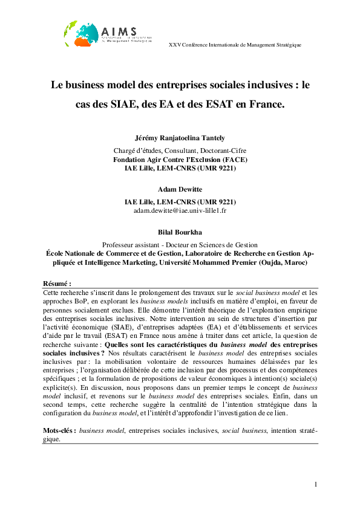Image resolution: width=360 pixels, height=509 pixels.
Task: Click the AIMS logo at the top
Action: [x=100, y=34]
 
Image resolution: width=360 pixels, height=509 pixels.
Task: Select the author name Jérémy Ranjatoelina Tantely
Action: [x=180, y=138]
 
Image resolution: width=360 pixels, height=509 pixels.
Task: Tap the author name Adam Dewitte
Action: [x=180, y=190]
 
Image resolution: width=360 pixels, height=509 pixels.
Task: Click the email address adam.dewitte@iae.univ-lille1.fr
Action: [x=180, y=210]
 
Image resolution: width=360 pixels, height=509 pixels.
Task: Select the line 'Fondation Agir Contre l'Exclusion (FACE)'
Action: [x=180, y=159]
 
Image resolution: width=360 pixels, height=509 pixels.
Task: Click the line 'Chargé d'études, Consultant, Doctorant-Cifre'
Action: [x=180, y=150]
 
